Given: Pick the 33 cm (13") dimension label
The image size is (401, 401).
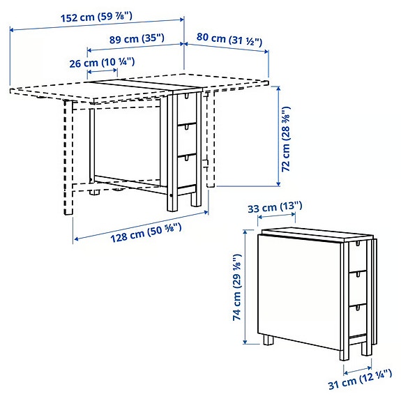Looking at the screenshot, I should [276, 206].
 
